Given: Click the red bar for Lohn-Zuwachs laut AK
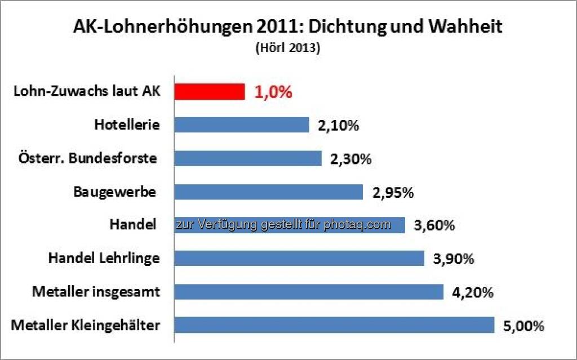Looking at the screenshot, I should [210, 92].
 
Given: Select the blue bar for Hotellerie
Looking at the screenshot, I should [242, 125].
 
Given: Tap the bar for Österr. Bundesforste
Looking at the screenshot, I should [248, 158].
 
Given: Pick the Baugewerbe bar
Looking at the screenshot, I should [268, 192].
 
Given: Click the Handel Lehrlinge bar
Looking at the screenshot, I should [299, 258].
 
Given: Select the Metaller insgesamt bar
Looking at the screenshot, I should [309, 292].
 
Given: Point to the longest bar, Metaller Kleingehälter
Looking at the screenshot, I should [334, 325].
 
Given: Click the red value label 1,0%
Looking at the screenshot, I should [273, 92].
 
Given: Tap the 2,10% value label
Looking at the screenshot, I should [338, 126].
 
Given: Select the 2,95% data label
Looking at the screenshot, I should [393, 192].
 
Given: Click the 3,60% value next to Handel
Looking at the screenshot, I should [434, 225].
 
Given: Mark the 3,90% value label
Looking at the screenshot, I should [453, 259].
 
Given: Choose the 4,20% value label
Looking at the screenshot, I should [473, 292].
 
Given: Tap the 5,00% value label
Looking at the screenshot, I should [523, 326].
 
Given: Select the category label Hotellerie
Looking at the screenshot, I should [127, 125].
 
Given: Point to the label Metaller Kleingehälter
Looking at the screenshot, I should [86, 326].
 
